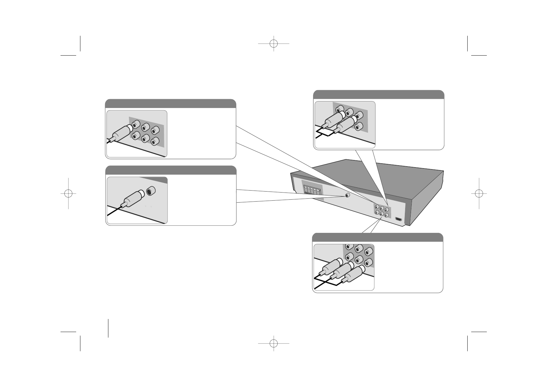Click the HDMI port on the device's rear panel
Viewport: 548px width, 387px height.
point(399,219)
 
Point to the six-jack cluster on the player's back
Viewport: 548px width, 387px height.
point(381,211)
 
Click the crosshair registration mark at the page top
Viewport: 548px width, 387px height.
point(274,43)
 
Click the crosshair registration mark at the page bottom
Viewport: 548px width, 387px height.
point(274,343)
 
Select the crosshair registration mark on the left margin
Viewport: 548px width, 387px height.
point(68,193)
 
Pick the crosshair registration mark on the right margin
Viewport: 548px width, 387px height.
point(479,193)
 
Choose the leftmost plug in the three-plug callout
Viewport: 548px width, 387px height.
point(331,266)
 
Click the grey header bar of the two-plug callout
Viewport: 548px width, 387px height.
point(378,95)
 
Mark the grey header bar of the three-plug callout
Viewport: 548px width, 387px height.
point(377,237)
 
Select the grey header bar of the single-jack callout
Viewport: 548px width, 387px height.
point(171,170)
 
